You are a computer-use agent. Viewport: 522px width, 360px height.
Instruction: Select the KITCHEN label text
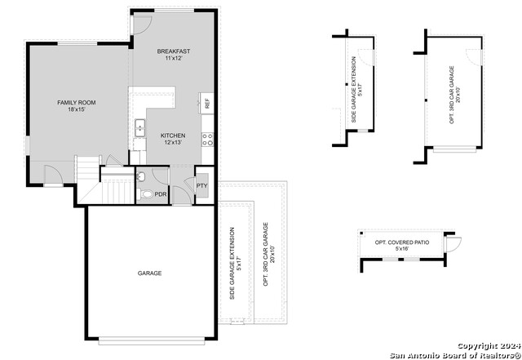172,136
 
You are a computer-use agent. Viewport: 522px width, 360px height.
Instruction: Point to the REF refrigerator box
207,104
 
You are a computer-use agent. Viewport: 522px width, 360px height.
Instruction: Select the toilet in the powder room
144,194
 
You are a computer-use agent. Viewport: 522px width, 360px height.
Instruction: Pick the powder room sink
140,176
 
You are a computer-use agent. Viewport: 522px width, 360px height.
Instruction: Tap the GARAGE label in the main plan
149,273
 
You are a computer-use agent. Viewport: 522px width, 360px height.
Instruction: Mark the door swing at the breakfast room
140,21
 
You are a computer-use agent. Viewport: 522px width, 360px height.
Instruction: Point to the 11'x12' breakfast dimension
172,59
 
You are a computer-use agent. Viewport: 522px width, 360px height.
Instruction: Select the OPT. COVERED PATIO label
400,242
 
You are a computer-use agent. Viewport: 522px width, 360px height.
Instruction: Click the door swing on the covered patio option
453,242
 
